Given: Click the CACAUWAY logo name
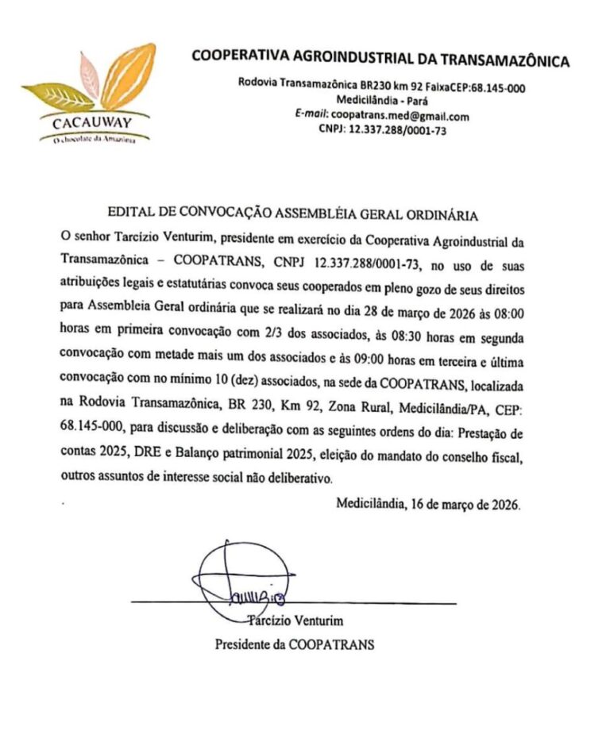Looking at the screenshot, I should [90, 123].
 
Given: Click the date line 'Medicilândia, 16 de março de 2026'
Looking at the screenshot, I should [428, 504].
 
